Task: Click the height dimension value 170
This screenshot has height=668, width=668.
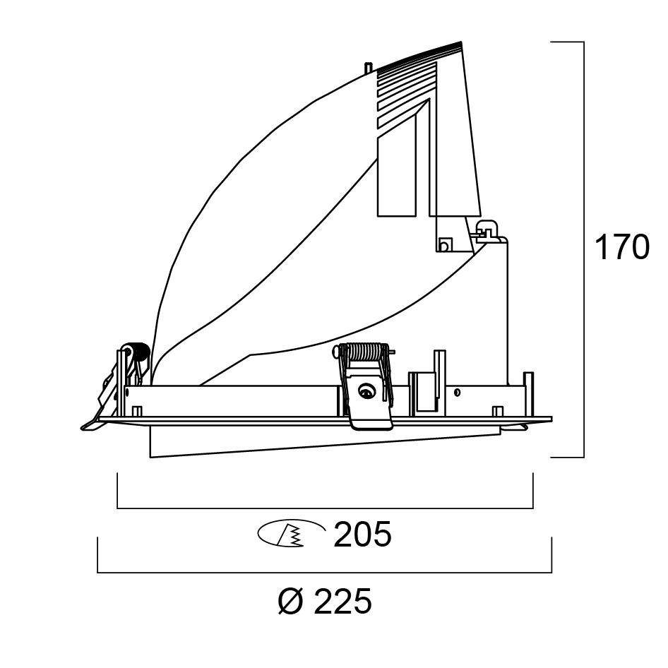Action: (x=621, y=247)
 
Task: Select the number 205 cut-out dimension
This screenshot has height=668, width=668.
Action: (x=362, y=534)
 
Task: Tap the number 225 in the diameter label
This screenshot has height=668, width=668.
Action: (x=342, y=601)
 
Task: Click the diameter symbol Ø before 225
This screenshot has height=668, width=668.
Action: (x=292, y=601)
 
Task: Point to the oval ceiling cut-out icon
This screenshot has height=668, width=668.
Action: (x=292, y=532)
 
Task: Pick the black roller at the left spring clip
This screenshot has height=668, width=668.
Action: (x=140, y=353)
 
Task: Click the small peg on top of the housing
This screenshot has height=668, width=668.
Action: (x=369, y=68)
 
